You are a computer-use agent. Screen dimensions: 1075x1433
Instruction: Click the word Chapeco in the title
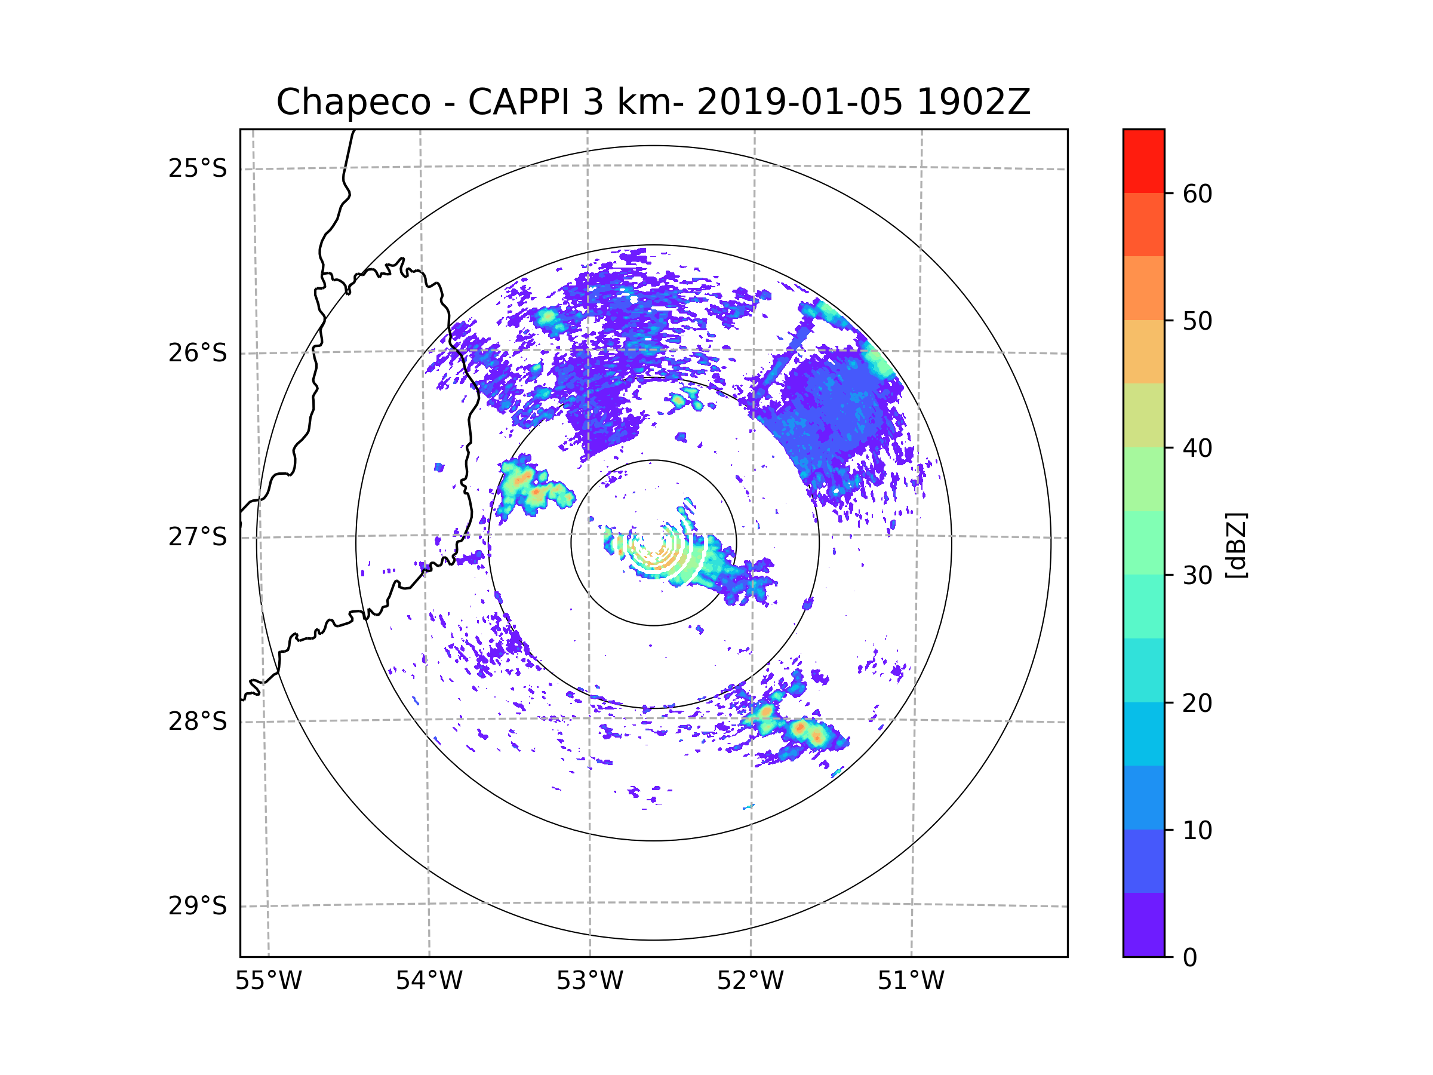tap(353, 102)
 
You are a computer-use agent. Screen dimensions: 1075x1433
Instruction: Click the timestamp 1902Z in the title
tap(973, 102)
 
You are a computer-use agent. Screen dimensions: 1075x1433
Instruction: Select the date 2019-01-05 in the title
tap(799, 102)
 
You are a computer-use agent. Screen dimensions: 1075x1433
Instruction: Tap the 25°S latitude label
tap(198, 168)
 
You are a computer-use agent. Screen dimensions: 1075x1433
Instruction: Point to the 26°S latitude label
tap(198, 353)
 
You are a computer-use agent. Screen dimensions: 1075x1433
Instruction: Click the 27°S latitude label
tap(198, 537)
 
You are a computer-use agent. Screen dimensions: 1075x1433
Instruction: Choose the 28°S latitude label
tap(198, 721)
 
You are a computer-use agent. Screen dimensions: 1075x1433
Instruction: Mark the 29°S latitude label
tap(198, 906)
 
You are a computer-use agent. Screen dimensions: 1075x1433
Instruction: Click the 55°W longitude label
tap(268, 981)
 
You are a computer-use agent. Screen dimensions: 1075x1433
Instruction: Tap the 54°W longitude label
tap(429, 981)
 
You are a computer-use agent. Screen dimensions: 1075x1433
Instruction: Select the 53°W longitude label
tap(589, 981)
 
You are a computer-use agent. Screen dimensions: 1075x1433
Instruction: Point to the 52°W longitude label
tap(750, 981)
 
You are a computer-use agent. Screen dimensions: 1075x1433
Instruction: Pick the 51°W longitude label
tap(911, 981)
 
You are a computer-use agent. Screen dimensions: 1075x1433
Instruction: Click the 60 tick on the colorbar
tap(1197, 193)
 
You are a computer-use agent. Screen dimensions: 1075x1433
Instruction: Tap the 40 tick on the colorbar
tap(1197, 448)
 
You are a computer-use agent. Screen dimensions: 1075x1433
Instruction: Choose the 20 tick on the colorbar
tap(1197, 703)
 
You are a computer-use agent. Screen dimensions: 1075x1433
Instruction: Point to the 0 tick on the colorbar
tap(1190, 958)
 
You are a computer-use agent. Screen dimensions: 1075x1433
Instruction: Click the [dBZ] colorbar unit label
tap(1236, 545)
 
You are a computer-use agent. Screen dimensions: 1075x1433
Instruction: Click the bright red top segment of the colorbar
tap(1143, 161)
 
